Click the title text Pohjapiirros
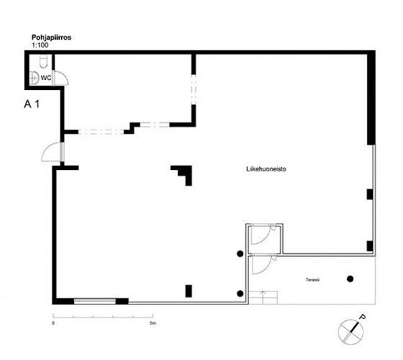click(x=52, y=38)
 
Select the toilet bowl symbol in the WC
click(x=42, y=62)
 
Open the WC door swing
click(x=59, y=77)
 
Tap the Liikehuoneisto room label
click(x=267, y=170)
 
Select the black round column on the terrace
click(x=349, y=278)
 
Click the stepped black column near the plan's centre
click(x=182, y=174)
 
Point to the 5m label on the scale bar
click(x=153, y=323)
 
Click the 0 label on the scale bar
click(x=53, y=323)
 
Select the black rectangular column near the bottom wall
click(x=189, y=291)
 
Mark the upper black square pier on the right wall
click(x=369, y=194)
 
